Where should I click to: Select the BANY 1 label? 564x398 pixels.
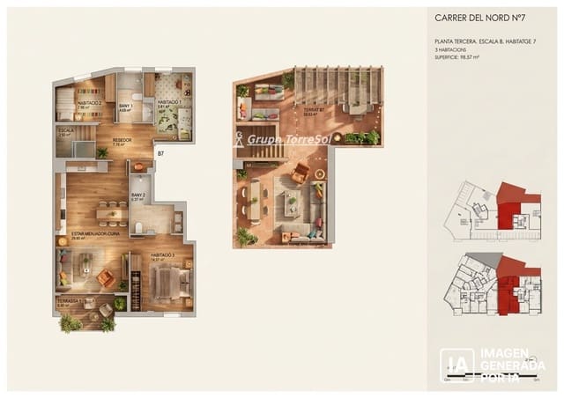[x=126, y=107]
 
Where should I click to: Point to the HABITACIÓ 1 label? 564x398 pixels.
[x=170, y=103]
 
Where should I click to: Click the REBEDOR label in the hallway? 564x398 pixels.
[x=122, y=140]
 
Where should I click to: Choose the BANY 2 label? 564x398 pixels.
[x=137, y=196]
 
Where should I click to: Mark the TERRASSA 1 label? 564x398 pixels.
[x=69, y=302]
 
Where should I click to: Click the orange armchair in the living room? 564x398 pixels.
[x=106, y=278]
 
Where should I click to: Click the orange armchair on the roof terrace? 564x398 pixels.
[x=301, y=172]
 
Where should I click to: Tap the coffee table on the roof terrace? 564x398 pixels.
[x=292, y=205]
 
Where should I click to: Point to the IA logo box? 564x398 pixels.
[x=457, y=365]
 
